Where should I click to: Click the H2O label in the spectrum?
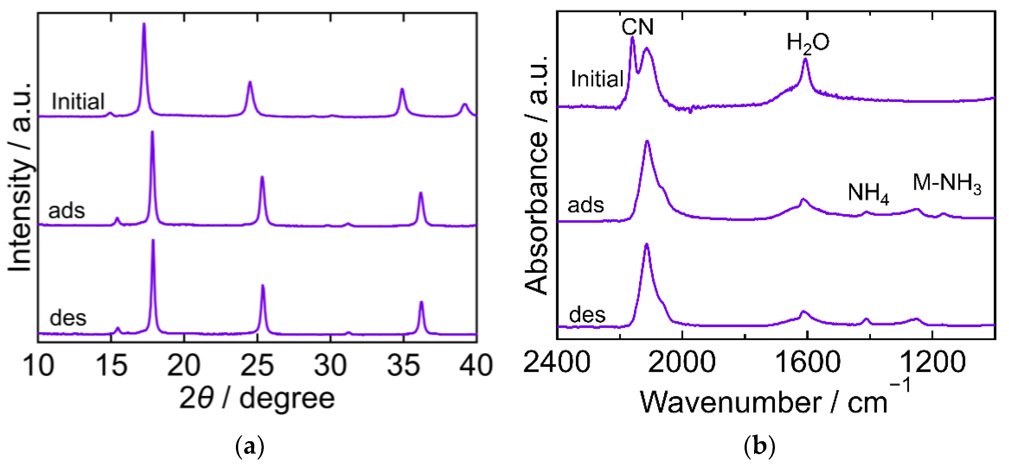[x=808, y=43]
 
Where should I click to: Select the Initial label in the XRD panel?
[x=78, y=101]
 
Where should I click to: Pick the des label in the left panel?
[x=68, y=318]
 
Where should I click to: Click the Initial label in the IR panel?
[x=597, y=79]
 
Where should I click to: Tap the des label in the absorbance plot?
[x=587, y=315]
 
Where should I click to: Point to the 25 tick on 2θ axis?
[x=257, y=365]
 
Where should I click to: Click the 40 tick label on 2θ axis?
[x=475, y=365]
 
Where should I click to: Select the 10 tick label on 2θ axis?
[x=38, y=365]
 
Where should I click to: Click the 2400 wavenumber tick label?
[x=556, y=362]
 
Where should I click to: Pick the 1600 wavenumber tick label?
[x=807, y=362]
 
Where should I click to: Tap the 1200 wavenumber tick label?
[x=932, y=362]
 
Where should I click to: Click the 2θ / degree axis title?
[x=257, y=398]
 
